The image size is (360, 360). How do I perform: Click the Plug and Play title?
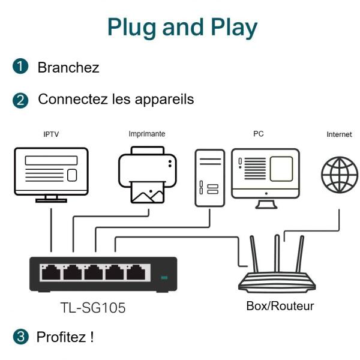tap(182, 27)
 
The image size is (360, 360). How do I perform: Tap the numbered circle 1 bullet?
tap(22, 67)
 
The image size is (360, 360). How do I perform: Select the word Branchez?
tap(68, 67)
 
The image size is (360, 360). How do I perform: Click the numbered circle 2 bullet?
tap(22, 100)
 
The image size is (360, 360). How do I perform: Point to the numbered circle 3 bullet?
tap(22, 337)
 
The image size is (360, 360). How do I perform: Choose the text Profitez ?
tap(65, 337)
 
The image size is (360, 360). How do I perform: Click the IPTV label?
tap(51, 134)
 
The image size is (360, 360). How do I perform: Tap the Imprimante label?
tap(146, 134)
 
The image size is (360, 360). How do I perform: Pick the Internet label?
tap(339, 134)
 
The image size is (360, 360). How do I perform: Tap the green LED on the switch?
tap(164, 277)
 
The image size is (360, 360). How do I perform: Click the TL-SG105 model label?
tap(93, 308)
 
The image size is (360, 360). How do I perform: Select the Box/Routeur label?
tap(280, 306)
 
